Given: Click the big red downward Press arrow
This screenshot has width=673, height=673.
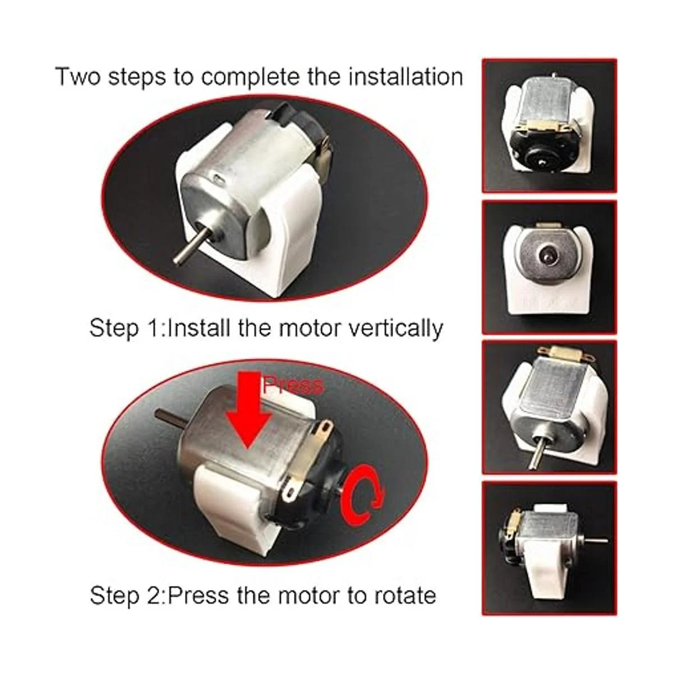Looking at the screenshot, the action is click(x=248, y=412).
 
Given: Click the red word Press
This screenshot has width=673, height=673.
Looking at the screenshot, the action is click(x=293, y=385).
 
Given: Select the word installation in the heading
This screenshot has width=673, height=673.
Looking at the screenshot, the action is click(x=406, y=77).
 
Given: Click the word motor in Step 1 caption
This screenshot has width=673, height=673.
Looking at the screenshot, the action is click(x=305, y=329).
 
